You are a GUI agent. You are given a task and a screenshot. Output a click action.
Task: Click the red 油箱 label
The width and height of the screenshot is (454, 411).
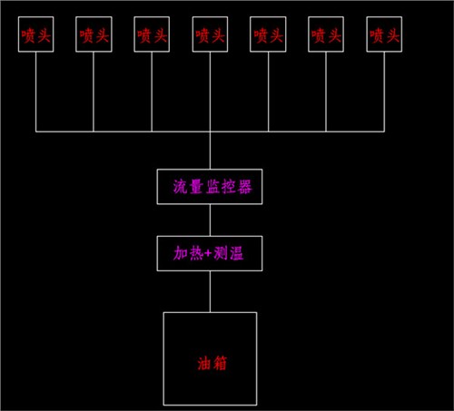[x=212, y=363]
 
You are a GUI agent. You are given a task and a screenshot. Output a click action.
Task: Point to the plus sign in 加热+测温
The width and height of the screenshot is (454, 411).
[x=208, y=253]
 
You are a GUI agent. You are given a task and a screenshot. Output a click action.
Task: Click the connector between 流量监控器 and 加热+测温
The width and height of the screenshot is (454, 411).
[x=210, y=220]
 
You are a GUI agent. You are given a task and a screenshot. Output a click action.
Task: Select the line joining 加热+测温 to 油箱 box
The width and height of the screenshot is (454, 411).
[x=210, y=291]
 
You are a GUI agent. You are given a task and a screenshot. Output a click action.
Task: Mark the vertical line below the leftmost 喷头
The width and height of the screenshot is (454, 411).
[x=36, y=92]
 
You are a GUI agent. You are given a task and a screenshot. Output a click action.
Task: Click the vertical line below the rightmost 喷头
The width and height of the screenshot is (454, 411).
[x=384, y=92]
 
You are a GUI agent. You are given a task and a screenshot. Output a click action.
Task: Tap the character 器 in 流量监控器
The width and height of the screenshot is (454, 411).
[x=244, y=187]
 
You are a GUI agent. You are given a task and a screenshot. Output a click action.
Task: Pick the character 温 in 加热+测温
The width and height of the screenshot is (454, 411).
[x=236, y=253]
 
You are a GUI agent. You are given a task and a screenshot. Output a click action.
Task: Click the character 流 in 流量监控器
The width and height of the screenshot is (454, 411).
[x=181, y=187]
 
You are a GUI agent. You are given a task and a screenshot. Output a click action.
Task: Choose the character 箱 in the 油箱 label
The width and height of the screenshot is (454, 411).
[x=220, y=363]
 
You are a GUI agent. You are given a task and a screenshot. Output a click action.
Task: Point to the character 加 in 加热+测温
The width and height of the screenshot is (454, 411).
[x=181, y=253]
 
